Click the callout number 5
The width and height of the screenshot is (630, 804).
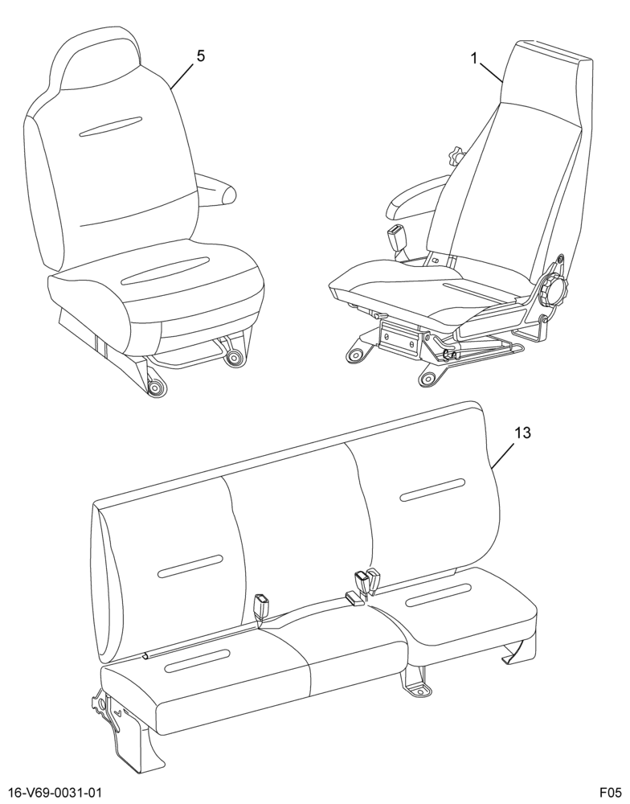point(200,56)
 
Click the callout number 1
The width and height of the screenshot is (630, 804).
point(475,59)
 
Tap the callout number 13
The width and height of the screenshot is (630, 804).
point(522,433)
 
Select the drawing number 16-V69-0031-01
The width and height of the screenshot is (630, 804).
point(51,792)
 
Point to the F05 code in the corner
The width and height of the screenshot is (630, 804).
point(611,792)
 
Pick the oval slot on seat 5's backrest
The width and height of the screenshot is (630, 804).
point(111,127)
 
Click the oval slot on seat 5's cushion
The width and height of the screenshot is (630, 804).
point(165,271)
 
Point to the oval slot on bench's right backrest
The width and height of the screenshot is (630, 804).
point(432,490)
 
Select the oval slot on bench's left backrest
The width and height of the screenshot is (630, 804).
point(190,567)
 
